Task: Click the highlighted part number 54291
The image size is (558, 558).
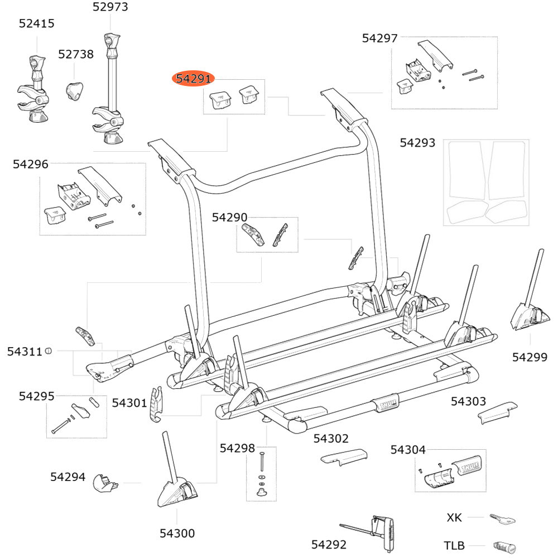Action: [x=193, y=79]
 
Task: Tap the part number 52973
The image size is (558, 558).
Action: [x=110, y=7]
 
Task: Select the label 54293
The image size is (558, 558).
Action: [x=417, y=143]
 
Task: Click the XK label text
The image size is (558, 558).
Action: [x=455, y=518]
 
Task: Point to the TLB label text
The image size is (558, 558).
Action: [x=454, y=546]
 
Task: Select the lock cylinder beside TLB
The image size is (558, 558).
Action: [x=504, y=546]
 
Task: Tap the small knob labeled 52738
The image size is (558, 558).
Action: [x=75, y=90]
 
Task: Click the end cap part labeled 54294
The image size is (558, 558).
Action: [x=104, y=482]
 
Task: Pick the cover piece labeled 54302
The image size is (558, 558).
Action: [x=343, y=456]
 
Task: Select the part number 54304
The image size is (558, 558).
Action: [x=408, y=450]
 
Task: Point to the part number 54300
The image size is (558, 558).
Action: [x=177, y=534]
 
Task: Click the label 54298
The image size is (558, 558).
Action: [x=237, y=448]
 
